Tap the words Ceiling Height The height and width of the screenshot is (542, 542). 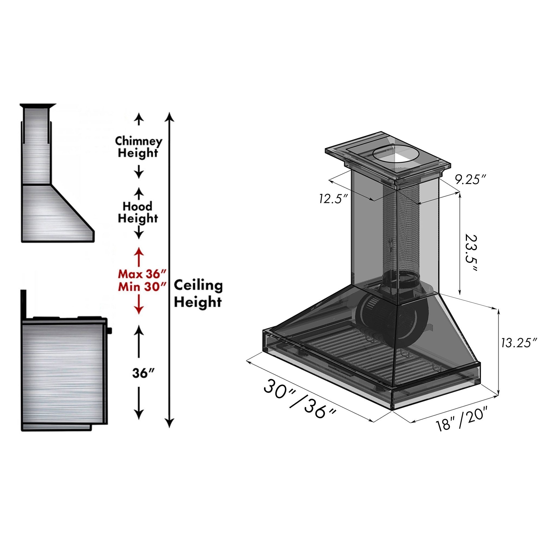coord(198,294)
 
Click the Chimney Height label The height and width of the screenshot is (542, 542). coord(138,147)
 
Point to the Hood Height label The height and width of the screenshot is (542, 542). coord(138,212)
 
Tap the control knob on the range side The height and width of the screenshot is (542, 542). coord(110,331)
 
